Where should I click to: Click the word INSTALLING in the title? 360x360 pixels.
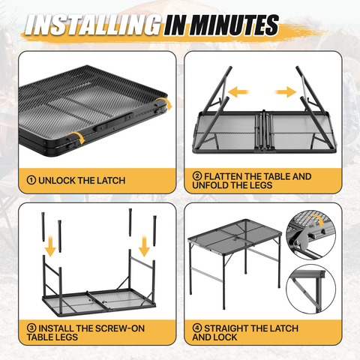coord(93,25)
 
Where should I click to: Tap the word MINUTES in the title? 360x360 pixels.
coord(234,25)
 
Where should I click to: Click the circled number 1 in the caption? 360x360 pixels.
coord(31,180)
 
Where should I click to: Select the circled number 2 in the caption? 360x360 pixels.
coord(197,176)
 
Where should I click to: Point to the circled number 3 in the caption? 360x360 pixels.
coord(31,328)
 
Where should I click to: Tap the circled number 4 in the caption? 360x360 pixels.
coord(197,328)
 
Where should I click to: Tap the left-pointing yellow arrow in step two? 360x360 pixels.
coord(238,91)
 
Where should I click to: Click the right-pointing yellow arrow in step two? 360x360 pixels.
coord(286,91)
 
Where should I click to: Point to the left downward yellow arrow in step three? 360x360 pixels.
coord(51,246)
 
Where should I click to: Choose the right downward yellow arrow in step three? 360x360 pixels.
coord(144,246)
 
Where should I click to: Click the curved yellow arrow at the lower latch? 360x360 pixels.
coord(76,137)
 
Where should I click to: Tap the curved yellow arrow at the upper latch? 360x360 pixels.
coord(163,103)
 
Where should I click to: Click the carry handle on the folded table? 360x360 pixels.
coord(113,122)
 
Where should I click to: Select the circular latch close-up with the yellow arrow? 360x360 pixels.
coord(311,235)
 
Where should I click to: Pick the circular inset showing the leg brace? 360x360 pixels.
coord(311,289)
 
